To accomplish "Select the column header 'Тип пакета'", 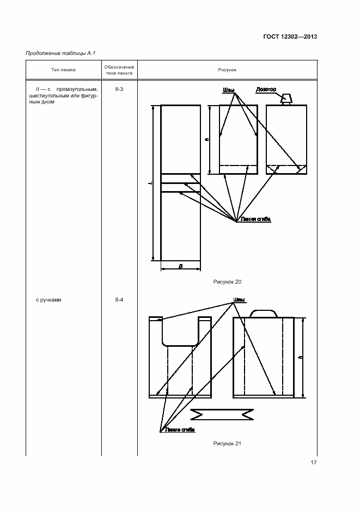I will (63, 70).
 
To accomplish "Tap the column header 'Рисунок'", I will (227, 70).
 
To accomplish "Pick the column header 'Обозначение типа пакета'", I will (119, 70).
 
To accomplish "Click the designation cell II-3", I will (119, 88).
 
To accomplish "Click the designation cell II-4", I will (119, 299).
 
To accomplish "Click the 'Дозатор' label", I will (266, 89).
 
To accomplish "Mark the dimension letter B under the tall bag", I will (180, 266).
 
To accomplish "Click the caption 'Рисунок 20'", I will (227, 282).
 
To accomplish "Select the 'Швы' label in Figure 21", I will (239, 299).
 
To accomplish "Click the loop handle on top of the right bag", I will (264, 313).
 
